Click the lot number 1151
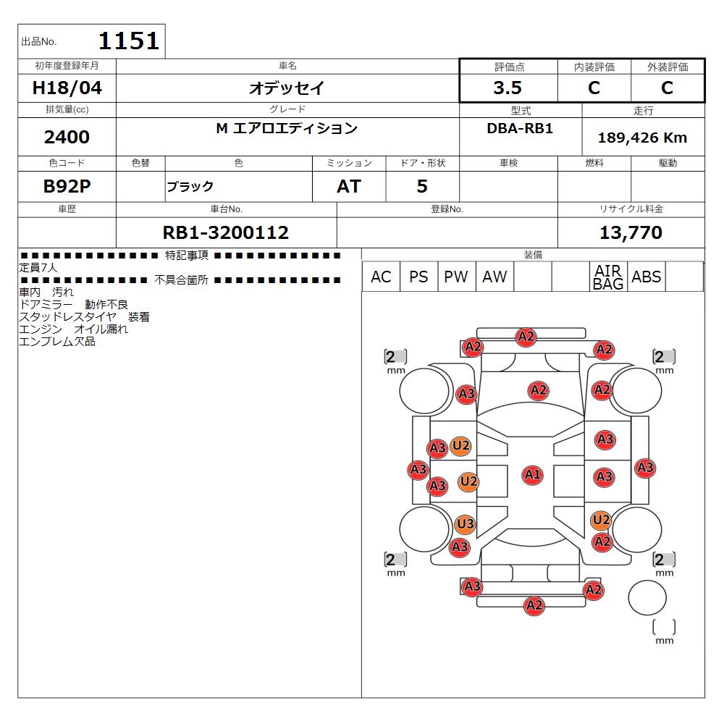point(129,41)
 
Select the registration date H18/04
point(67,88)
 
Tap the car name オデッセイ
point(287,88)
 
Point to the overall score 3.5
point(508,88)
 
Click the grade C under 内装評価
point(594,88)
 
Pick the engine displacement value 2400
point(67,137)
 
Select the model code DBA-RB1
point(520,128)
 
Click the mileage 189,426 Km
point(642,138)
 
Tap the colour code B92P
point(67,186)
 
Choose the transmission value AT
point(349,187)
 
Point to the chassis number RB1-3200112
point(226,232)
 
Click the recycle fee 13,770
point(631,232)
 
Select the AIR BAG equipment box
point(608,277)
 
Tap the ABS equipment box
point(646,277)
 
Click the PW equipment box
point(456,277)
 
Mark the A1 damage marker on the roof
point(532,475)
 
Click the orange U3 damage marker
point(465,524)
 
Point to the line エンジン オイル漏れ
point(73,329)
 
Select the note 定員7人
point(38,267)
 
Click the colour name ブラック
point(190,187)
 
